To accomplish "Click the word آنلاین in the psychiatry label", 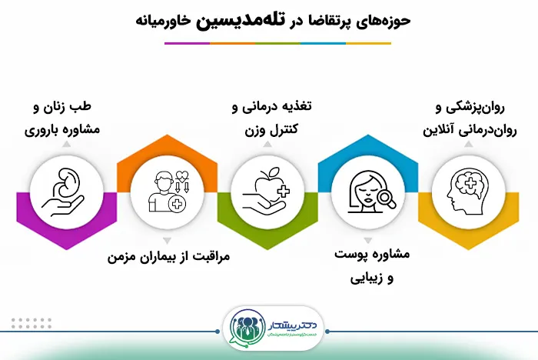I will pyautogui.click(x=436, y=128).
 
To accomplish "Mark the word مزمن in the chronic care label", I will pyautogui.click(x=125, y=255).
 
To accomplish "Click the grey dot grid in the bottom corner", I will pyautogui.click(x=32, y=323).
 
